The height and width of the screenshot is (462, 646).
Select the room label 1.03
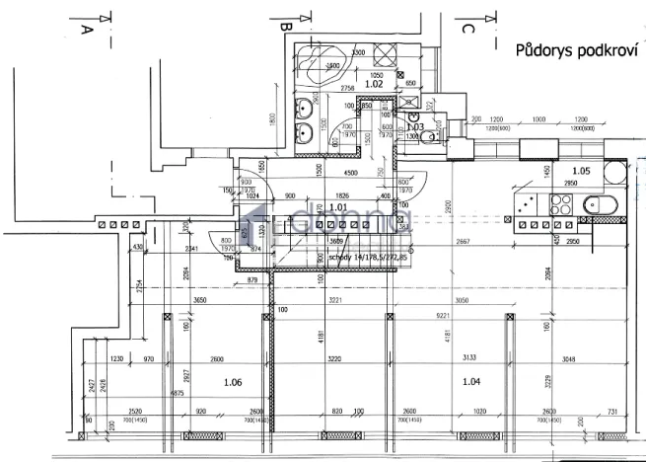(415, 127)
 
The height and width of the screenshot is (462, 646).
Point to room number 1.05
(610, 171)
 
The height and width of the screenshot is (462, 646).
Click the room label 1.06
(233, 381)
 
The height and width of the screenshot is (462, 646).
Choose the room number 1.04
(469, 381)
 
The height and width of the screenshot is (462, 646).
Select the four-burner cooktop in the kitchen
(562, 205)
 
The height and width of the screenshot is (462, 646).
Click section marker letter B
(284, 26)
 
